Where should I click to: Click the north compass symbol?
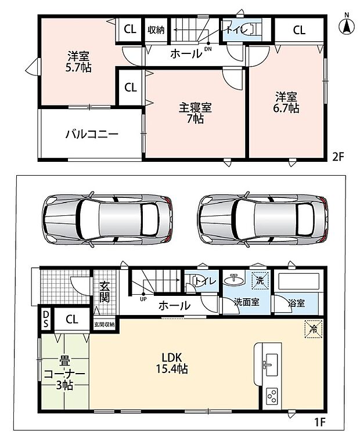coord(347,24)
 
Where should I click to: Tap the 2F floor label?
coord(339,157)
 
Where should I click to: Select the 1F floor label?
coord(319,422)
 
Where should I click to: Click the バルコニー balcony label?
coord(92,133)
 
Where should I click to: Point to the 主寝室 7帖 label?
coord(195,113)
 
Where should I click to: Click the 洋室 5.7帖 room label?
coord(78,62)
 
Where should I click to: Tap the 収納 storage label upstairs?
coord(156,30)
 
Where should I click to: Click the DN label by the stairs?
coord(208,49)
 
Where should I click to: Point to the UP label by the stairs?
coord(143,299)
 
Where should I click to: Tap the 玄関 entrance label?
coord(105,291)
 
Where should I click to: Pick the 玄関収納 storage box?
coord(105,324)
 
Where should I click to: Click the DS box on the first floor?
coord(45,319)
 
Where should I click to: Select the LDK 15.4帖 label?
coord(172,363)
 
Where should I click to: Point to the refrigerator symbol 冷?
coord(314,329)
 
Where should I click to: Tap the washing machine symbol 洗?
coord(260,280)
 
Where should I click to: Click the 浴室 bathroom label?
coord(296,303)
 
